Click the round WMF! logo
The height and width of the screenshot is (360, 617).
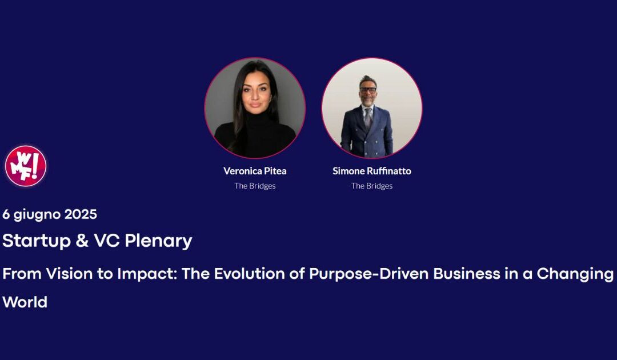tap(25, 166)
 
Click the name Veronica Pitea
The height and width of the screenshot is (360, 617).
tap(255, 171)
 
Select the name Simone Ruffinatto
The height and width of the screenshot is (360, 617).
tap(372, 171)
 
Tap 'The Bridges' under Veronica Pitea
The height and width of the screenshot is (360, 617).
tap(255, 186)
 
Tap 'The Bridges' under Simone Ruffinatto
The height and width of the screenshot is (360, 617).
tap(372, 186)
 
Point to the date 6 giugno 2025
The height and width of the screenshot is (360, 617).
tap(50, 214)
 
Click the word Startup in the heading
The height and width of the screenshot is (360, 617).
tap(36, 241)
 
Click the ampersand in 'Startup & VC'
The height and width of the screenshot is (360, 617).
tap(81, 241)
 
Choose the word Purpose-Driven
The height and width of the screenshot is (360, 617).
tap(369, 274)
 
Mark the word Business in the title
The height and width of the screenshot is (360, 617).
tap(469, 274)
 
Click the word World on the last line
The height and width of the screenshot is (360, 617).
tap(25, 302)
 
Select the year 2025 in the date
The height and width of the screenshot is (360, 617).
tap(81, 214)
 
